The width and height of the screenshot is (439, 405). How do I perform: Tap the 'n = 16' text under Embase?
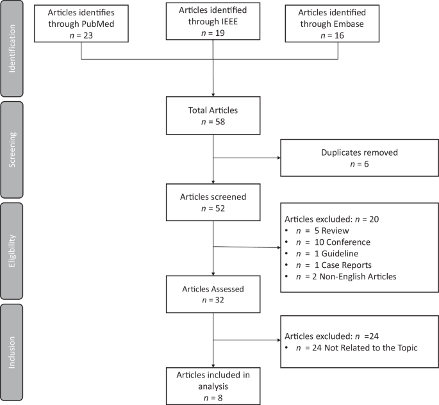pyautogui.click(x=337, y=35)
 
